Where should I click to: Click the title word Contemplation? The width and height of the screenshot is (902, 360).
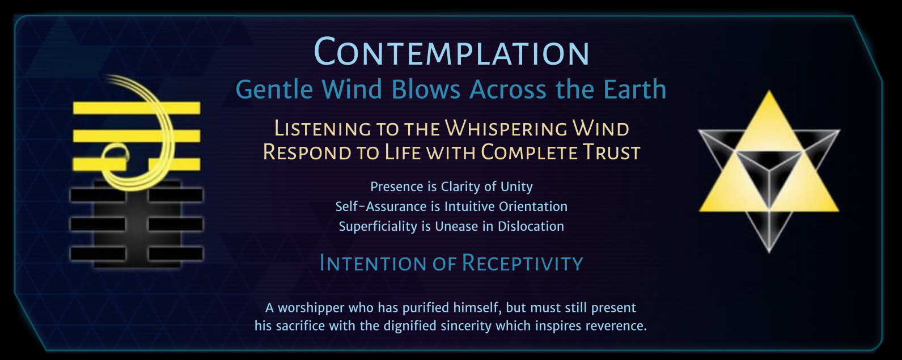[451, 52]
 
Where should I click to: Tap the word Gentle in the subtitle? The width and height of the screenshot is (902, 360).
[274, 90]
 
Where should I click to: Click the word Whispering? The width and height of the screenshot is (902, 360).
[506, 129]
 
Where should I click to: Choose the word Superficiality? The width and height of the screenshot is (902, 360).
[379, 226]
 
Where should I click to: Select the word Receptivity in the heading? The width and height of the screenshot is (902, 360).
[522, 263]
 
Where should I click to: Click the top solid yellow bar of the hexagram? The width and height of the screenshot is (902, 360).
[137, 108]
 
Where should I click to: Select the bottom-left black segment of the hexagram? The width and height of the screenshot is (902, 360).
[98, 253]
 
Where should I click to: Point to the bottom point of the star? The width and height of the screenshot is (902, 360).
[769, 252]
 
